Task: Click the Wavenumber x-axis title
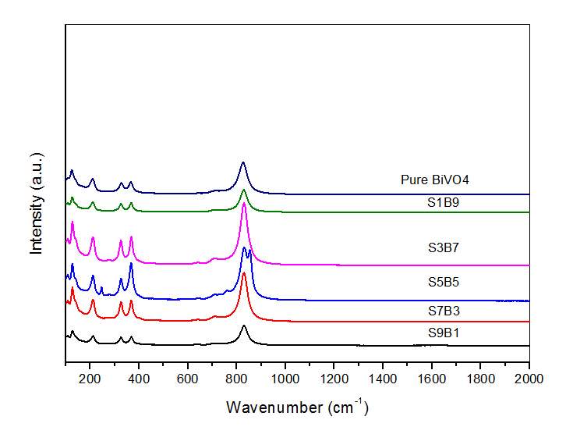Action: (296, 407)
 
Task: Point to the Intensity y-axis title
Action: (36, 214)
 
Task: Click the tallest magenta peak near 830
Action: (244, 204)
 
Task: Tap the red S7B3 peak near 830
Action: (244, 274)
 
